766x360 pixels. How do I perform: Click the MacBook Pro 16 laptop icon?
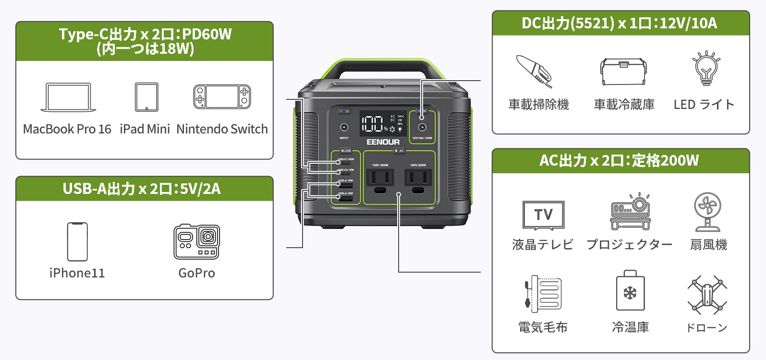[x=68, y=97]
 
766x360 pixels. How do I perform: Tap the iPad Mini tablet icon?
[x=146, y=97]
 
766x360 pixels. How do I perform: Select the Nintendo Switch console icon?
[x=222, y=96]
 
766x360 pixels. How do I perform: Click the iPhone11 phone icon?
[x=77, y=241]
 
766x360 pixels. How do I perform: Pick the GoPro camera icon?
[x=196, y=241]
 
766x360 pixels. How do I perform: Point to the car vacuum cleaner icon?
[x=535, y=71]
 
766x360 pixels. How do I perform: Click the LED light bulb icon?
[x=705, y=69]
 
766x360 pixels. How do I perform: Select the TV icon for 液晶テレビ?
[x=543, y=215]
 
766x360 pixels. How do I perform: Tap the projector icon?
[x=630, y=212]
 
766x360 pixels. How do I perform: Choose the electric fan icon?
[x=707, y=212]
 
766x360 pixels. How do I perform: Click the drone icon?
[x=706, y=295]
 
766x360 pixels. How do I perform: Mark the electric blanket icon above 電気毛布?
[x=543, y=293]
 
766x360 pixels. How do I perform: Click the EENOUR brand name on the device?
[x=383, y=142]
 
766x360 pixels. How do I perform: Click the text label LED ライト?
[x=704, y=105]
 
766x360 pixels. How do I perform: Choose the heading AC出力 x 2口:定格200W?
[x=620, y=160]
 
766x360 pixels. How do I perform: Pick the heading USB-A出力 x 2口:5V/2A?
[x=142, y=189]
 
